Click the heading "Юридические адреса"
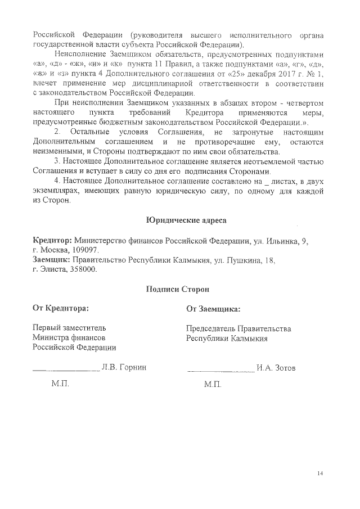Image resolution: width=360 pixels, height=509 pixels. pyautogui.click(x=178, y=219)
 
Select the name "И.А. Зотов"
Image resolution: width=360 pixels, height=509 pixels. pyautogui.click(x=276, y=368)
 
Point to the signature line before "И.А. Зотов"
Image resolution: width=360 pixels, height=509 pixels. pyautogui.click(x=219, y=371)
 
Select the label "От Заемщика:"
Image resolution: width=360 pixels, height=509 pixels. pyautogui.click(x=213, y=309)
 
